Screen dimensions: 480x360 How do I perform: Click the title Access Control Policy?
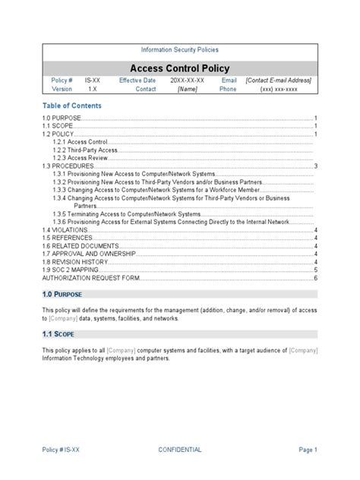point(179,68)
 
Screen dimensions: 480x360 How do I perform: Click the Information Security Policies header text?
point(179,49)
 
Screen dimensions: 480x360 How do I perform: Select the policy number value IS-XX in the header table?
point(93,80)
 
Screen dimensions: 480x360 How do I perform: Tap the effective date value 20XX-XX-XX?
point(186,80)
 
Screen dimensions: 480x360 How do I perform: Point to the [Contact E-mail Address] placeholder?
point(278,80)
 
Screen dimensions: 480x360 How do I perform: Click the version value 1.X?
point(92,89)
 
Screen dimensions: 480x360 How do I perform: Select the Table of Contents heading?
point(71,106)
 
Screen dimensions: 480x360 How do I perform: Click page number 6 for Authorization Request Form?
point(315,278)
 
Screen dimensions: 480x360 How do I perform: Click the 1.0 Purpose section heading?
point(62,294)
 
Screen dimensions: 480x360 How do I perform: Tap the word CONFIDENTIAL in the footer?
point(180,450)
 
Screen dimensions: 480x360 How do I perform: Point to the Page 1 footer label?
point(308,450)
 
